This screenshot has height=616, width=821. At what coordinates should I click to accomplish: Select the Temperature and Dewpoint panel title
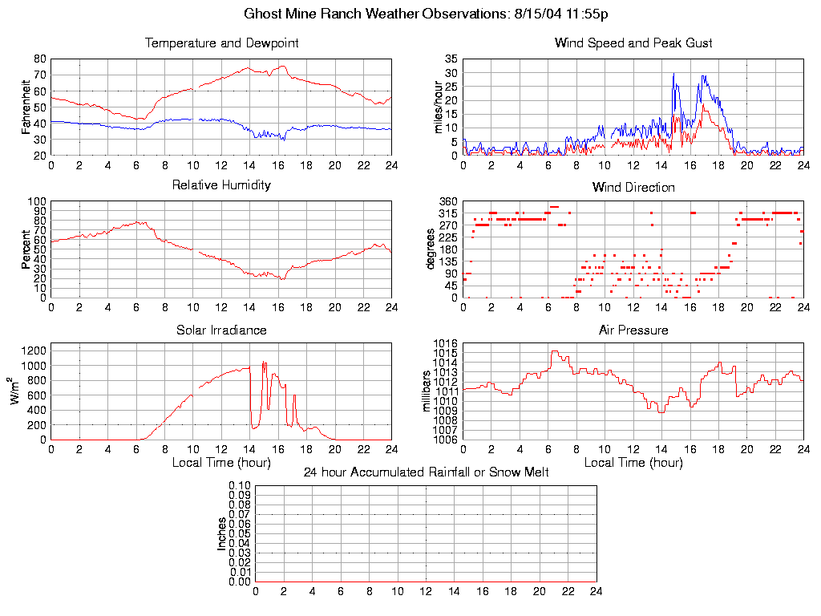tap(221, 43)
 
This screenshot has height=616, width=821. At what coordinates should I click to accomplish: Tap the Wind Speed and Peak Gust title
tap(633, 43)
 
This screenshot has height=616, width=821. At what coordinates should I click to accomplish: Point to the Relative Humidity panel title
tap(221, 185)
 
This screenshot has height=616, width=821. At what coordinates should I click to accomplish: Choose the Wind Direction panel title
tap(633, 188)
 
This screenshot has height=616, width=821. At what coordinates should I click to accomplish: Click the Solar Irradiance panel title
tap(221, 330)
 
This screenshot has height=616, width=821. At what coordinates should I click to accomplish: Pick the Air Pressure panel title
tap(633, 330)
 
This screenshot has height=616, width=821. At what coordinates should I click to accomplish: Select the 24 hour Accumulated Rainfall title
tap(426, 472)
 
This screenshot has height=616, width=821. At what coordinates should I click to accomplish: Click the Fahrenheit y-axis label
tap(26, 107)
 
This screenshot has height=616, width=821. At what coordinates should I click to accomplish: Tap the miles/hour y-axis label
tap(439, 107)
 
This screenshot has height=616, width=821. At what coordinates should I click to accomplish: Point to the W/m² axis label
tap(17, 391)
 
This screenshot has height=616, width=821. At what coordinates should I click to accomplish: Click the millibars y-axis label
tap(427, 391)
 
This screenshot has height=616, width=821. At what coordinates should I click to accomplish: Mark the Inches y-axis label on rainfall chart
tap(222, 533)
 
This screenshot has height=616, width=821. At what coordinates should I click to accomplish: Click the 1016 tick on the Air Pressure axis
tap(446, 343)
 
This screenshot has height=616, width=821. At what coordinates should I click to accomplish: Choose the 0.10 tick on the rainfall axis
tap(239, 486)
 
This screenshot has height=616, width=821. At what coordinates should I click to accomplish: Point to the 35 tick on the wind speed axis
tap(451, 59)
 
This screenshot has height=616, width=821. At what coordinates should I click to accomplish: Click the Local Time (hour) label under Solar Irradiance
tap(221, 463)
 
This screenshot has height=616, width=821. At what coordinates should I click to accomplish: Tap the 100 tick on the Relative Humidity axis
tap(37, 201)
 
